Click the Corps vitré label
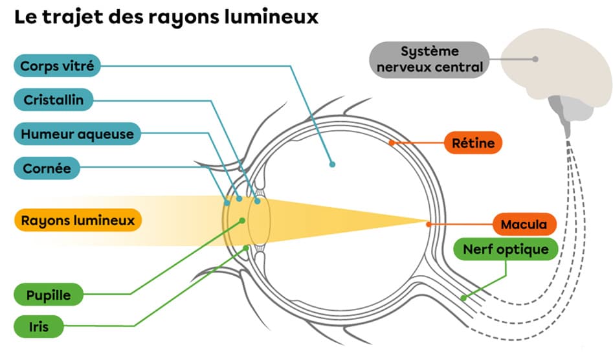click(x=56, y=66)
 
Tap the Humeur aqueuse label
click(x=77, y=135)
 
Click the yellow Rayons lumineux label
click(x=78, y=221)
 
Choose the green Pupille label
click(x=49, y=296)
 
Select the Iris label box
click(x=38, y=326)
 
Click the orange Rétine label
click(x=473, y=142)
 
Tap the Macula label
click(x=524, y=225)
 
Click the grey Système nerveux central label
click(x=428, y=59)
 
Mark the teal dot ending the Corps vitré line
click(x=332, y=164)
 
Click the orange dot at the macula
click(x=428, y=224)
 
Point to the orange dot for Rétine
click(x=391, y=142)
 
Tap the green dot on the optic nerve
click(x=463, y=298)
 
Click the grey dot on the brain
click(x=535, y=59)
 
